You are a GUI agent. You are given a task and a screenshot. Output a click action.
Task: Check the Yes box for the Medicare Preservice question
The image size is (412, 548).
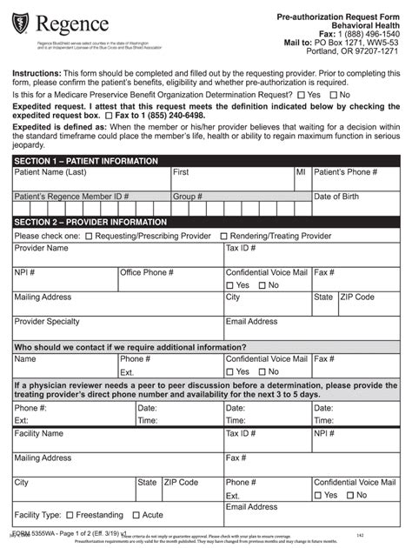click(301, 94)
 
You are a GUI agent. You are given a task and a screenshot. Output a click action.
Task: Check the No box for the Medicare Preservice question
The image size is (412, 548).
click(334, 94)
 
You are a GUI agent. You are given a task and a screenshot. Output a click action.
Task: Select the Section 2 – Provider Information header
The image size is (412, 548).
click(90, 222)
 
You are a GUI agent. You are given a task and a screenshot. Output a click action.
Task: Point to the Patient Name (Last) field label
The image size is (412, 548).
click(50, 173)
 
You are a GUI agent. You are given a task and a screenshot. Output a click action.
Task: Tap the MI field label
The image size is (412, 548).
click(301, 173)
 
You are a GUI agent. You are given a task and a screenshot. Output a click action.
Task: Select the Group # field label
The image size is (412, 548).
click(188, 197)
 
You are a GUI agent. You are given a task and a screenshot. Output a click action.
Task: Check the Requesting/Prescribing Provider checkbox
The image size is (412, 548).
click(89, 236)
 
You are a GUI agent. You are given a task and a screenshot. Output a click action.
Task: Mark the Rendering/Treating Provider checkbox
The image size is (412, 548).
click(223, 236)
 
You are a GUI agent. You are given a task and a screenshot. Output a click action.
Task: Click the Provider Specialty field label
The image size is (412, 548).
click(47, 321)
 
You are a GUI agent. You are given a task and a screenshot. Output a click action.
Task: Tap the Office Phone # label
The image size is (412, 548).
click(147, 272)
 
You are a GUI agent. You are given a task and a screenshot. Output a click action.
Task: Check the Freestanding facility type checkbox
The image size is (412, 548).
click(70, 515)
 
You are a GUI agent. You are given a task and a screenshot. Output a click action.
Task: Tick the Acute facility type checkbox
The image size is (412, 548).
click(134, 515)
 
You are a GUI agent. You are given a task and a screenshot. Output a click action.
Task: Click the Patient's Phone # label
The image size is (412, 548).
click(345, 173)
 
